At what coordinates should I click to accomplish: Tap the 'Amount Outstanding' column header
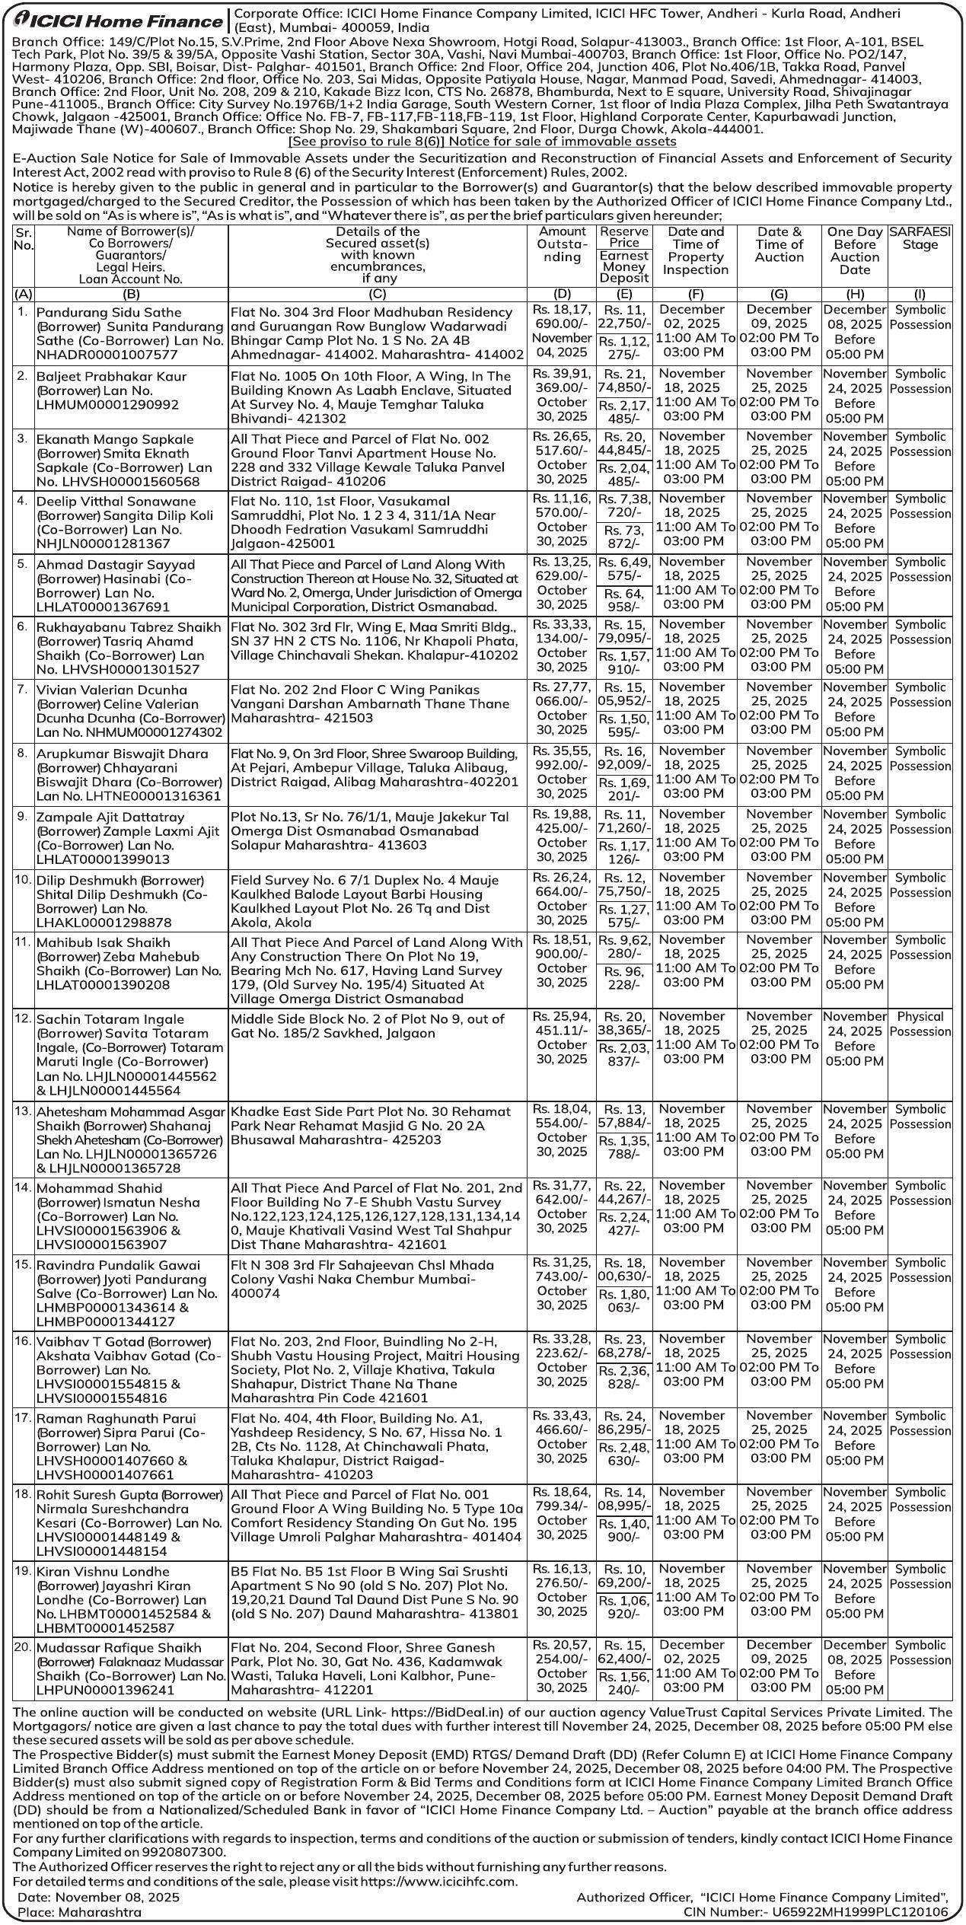(x=561, y=244)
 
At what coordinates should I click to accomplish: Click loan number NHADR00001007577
(x=107, y=355)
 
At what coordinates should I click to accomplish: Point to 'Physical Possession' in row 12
(x=920, y=1024)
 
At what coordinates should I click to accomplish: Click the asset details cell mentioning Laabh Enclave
(x=378, y=397)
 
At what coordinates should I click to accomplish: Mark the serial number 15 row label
(x=23, y=1264)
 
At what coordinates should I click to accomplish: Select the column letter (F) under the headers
(x=694, y=293)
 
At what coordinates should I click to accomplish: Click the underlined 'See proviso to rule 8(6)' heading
(x=482, y=142)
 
